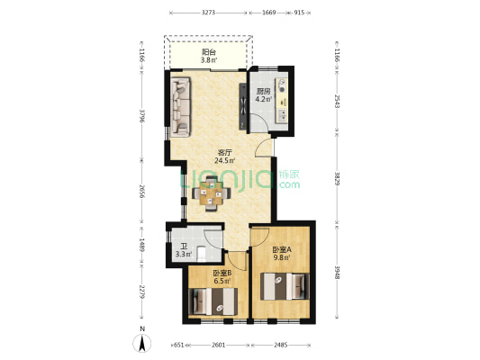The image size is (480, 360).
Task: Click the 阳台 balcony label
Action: point(209,52)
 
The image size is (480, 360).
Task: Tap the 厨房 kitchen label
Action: point(264,91)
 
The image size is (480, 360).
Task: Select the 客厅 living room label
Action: point(225,152)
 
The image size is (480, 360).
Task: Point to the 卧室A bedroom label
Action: point(282,249)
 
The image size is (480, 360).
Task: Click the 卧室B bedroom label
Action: point(222,273)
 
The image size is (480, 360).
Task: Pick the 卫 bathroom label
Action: point(184,247)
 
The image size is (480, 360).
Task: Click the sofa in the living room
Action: point(181,106)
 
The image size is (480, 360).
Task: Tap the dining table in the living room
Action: point(211,193)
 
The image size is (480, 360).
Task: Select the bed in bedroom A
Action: point(285,286)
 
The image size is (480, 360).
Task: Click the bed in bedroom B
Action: point(213,301)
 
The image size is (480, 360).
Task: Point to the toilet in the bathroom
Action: point(201,254)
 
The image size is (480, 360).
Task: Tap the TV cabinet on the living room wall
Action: point(243,106)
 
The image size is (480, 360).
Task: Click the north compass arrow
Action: point(142,343)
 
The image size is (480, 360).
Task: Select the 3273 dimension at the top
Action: point(208,13)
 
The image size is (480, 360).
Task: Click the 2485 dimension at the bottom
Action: point(281,345)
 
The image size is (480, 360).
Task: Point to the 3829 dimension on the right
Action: point(337,179)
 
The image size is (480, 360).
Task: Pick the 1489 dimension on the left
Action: point(141,246)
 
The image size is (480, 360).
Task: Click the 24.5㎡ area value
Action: point(225,160)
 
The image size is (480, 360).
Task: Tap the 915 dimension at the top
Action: point(299,13)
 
